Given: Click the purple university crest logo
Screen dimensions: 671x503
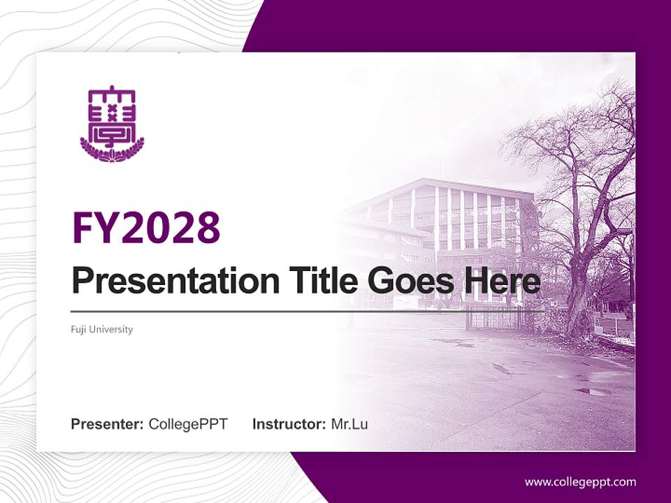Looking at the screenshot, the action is tap(112, 124).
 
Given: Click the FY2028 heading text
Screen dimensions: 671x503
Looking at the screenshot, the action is tap(146, 228).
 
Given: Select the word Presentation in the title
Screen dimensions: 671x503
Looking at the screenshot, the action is tap(175, 281).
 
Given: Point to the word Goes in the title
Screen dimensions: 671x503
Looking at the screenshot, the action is tap(410, 281).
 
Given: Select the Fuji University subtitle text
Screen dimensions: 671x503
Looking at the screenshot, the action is tap(102, 329).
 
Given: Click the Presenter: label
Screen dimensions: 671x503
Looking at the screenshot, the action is tap(107, 424).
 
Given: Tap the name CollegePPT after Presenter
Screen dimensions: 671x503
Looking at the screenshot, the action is tap(188, 425).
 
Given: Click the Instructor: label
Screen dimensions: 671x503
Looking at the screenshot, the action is tap(289, 424).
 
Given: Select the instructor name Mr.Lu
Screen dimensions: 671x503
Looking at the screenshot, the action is tap(349, 424).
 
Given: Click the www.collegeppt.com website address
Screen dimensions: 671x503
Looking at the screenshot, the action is tap(580, 483).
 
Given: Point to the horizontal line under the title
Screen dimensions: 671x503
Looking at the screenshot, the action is tap(308, 312).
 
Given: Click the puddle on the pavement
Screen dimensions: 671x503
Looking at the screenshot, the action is tap(594, 391).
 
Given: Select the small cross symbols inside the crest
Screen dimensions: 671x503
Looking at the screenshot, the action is tap(112, 112).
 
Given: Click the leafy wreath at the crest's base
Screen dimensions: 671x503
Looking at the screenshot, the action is tap(112, 151).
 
